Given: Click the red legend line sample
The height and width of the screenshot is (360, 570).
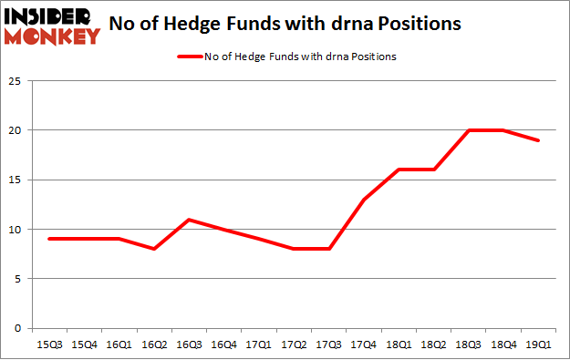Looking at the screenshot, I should click(190, 57).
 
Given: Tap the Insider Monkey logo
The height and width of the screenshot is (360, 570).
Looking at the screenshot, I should click(51, 25).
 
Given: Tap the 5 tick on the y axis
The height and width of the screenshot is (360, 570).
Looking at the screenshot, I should click(17, 279).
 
